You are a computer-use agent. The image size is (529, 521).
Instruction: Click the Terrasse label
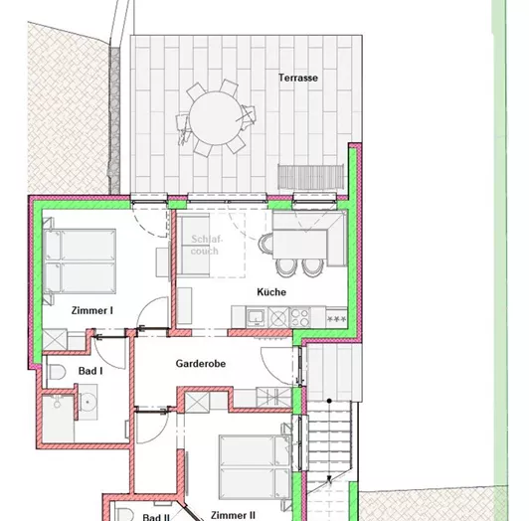pos(297,77)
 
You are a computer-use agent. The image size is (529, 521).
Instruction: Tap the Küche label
pos(271,292)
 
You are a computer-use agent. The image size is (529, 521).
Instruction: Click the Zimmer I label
pos(91,311)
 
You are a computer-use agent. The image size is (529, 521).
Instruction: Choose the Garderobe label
pos(201,364)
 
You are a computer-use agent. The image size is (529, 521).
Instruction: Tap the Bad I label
pos(90,371)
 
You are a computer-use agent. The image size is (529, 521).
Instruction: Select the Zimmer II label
pos(233,515)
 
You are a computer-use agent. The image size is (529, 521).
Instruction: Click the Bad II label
pos(155,517)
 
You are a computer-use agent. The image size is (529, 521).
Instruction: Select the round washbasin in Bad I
pos(89,404)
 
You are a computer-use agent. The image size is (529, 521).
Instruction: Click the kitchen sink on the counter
pos(255,317)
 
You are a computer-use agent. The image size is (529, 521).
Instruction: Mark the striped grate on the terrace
pos(309,174)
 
